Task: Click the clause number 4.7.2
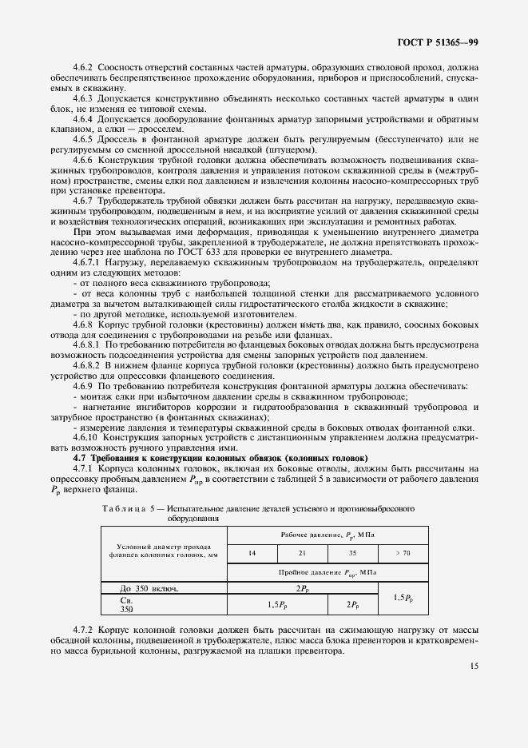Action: click(x=85, y=631)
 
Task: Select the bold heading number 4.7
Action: click(x=80, y=458)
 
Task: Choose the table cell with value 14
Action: click(x=252, y=553)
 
